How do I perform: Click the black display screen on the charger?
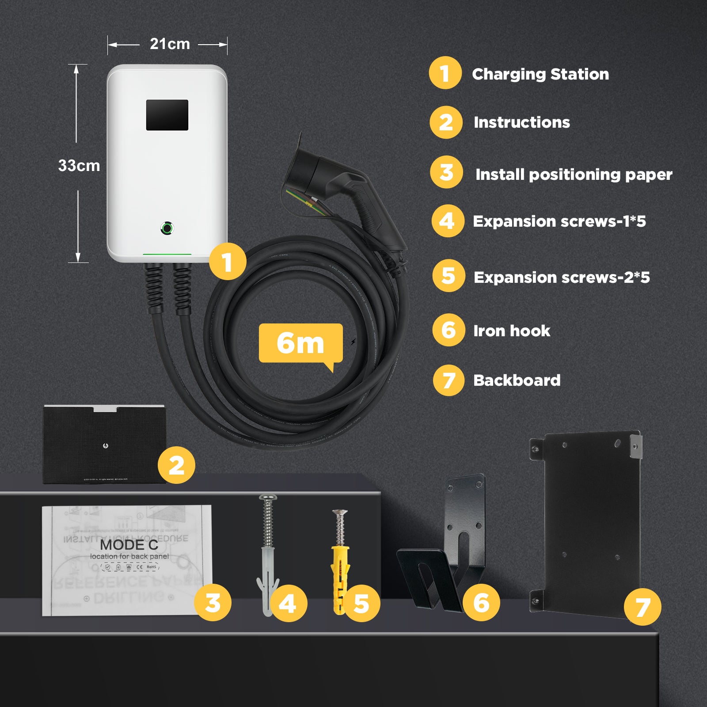click(167, 115)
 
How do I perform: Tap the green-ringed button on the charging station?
click(167, 228)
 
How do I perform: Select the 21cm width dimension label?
click(170, 44)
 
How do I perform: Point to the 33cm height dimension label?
click(79, 166)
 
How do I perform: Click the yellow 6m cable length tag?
click(300, 343)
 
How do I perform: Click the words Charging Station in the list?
click(540, 74)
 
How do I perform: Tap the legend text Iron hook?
click(512, 331)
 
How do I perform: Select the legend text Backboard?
click(517, 380)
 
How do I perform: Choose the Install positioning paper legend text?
click(574, 175)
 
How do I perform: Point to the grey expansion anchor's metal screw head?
click(268, 498)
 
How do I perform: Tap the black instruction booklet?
click(104, 444)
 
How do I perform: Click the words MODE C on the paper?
click(129, 544)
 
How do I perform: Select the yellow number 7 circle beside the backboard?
click(642, 607)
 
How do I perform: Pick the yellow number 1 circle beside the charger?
click(227, 262)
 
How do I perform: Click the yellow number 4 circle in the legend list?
click(448, 221)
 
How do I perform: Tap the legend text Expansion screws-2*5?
click(561, 277)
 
